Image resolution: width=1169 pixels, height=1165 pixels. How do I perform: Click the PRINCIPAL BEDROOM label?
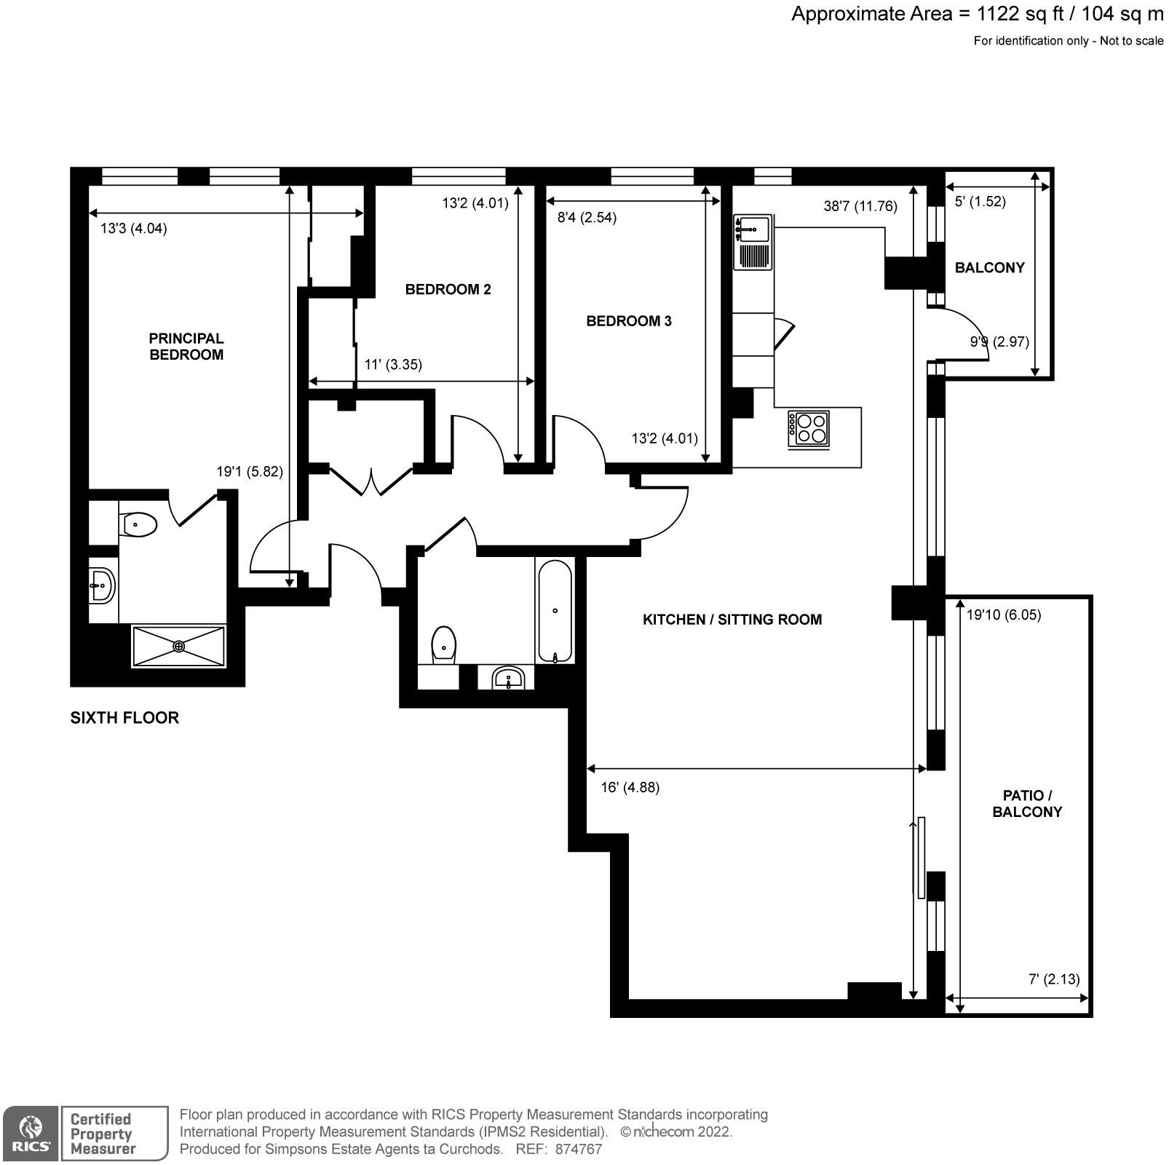[186, 347]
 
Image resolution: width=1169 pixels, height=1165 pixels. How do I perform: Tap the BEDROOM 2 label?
[448, 289]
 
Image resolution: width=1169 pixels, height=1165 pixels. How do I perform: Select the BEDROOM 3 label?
[629, 321]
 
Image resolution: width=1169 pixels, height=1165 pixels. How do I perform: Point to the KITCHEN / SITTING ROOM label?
[732, 620]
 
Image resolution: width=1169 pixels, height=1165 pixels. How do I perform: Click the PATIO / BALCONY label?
[1027, 804]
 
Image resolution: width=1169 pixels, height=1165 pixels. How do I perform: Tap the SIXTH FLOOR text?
[124, 718]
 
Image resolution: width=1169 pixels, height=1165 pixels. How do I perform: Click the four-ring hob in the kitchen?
[809, 428]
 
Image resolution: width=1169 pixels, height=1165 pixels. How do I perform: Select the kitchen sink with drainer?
[753, 242]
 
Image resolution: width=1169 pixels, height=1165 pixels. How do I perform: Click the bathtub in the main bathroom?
[555, 611]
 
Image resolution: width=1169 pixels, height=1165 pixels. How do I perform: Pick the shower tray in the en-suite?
[179, 645]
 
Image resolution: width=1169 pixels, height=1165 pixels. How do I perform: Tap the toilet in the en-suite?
[139, 524]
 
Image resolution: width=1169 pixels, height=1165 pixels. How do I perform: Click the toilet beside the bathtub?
[443, 644]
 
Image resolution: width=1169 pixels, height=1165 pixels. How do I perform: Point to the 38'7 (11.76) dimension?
[860, 206]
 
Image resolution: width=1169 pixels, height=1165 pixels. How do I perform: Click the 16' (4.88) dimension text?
[630, 787]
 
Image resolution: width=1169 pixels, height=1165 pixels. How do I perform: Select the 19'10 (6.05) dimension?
[1003, 615]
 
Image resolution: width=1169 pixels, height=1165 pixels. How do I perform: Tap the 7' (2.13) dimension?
[1054, 979]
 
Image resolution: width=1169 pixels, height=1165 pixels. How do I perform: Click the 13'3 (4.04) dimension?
[133, 229]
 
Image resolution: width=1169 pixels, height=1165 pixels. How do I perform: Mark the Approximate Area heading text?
[977, 14]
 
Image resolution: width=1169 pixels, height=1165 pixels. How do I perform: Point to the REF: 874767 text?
[558, 1150]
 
